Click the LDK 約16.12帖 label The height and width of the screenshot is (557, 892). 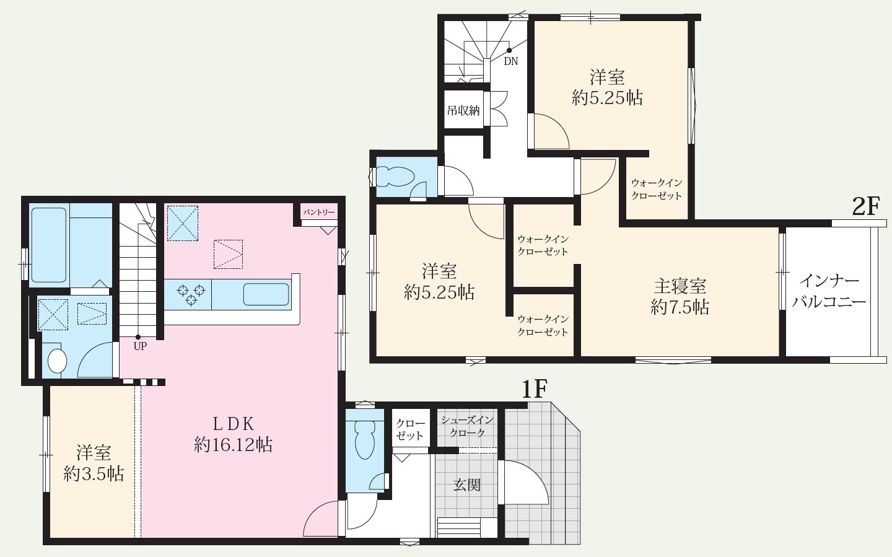[x=234, y=434]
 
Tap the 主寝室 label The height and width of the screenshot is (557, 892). [x=680, y=286]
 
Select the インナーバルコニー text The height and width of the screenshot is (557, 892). [x=829, y=292]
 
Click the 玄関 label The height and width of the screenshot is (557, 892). [x=467, y=485]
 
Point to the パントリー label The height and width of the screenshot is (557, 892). [x=319, y=212]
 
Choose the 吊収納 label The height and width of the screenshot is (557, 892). [x=463, y=110]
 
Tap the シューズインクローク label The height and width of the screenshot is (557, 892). [x=467, y=426]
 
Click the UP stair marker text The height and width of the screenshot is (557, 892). [x=140, y=346]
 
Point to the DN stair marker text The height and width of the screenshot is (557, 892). [x=511, y=61]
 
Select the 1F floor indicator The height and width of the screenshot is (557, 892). [x=535, y=390]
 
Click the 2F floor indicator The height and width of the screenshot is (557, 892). [x=865, y=206]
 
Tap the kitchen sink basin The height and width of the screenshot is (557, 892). [x=266, y=294]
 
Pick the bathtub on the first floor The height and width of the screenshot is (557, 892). [x=48, y=245]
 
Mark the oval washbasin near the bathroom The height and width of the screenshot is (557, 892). [x=58, y=361]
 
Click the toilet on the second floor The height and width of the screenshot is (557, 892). [x=393, y=177]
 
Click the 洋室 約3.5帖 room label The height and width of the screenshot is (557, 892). [x=94, y=463]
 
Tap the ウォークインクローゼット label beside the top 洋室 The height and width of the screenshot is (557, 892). [x=657, y=189]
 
